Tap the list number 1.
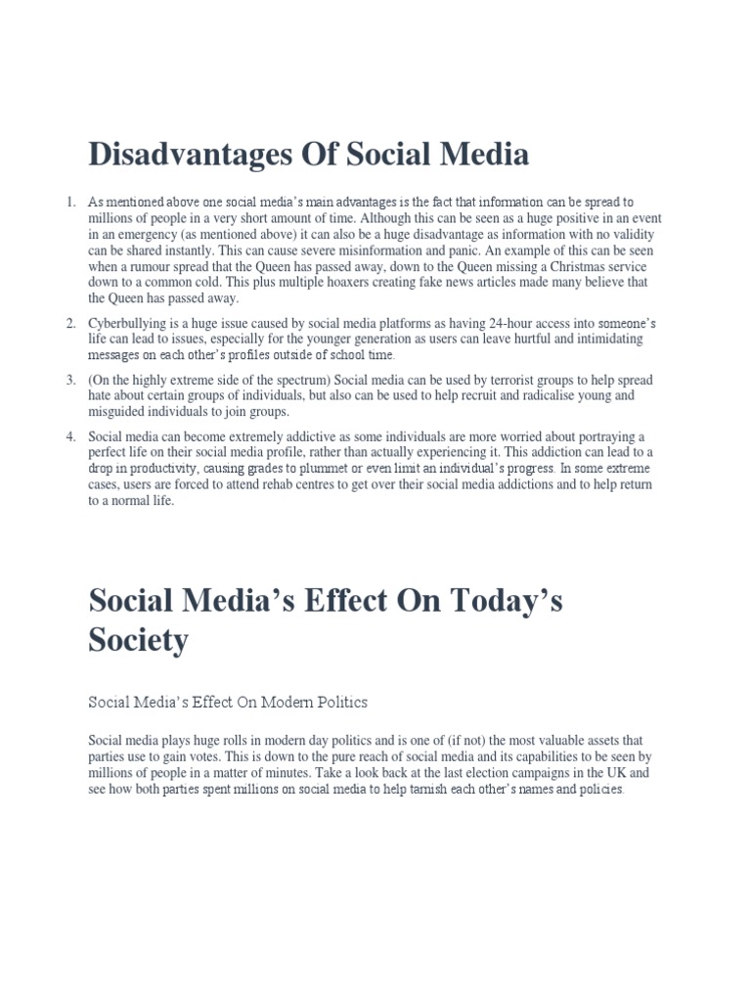(x=70, y=203)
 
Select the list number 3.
(x=70, y=380)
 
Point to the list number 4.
(x=70, y=436)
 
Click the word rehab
(x=261, y=484)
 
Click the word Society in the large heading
(x=138, y=641)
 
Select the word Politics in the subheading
(x=334, y=703)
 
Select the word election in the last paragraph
(x=432, y=773)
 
